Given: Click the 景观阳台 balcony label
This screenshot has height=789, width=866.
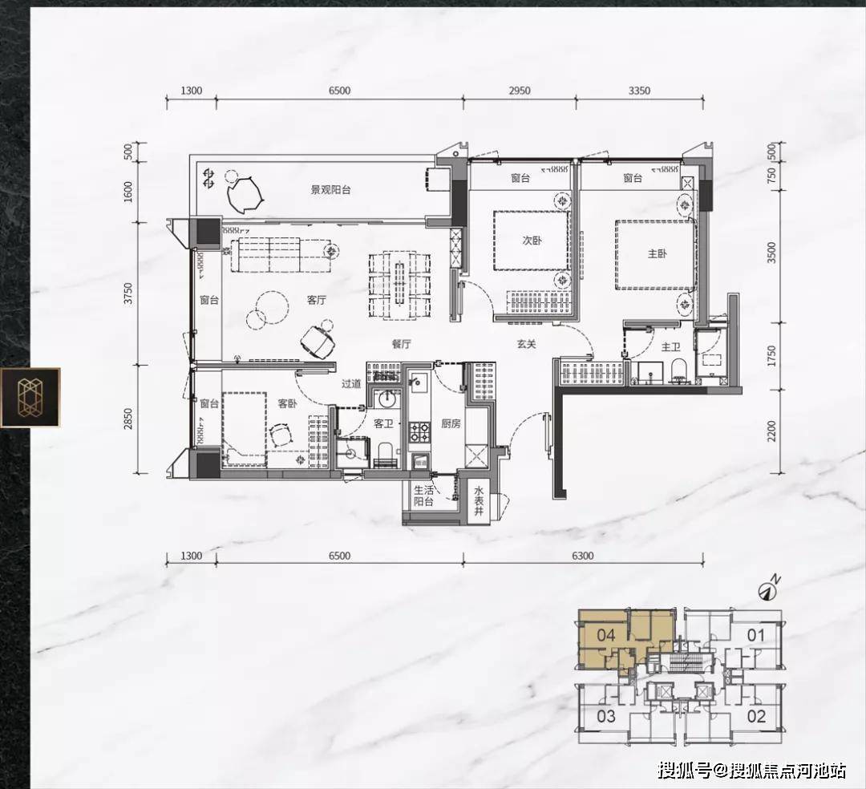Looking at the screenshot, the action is pos(330,190).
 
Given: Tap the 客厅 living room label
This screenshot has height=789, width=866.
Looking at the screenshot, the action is pos(317,300).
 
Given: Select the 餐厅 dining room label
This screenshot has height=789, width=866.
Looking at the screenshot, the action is pos(402,344).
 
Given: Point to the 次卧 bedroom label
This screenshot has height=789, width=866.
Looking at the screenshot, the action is pos(532,241).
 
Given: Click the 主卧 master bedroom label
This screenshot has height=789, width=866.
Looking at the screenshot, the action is pos(657,253).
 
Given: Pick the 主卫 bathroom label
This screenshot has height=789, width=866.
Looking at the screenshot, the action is pos(670,346).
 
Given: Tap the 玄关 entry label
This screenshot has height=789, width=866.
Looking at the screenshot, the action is pos(526,344).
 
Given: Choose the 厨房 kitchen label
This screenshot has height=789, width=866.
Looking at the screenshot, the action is pos(451,423).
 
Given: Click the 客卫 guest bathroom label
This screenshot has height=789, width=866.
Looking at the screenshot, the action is pos(383,423).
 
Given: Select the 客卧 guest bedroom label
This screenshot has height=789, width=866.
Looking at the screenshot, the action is pos(287,403).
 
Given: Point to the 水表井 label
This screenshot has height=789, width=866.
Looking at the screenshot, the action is pos(478,501).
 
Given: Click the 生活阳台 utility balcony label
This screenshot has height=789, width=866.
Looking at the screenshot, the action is pos(423,496).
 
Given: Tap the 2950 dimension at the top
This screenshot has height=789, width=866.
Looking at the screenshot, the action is pos(519,91).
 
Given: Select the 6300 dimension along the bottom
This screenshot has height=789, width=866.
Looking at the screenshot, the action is pos(583,556).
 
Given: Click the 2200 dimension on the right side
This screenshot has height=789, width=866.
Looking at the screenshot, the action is pos(771,431).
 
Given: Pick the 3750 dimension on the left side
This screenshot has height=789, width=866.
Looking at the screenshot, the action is pos(128,293).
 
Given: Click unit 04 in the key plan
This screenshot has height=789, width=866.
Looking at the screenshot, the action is pos(606,636).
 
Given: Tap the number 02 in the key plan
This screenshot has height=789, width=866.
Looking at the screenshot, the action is pos(756,716).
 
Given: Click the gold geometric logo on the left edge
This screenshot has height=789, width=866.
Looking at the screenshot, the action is pos(30,398).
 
